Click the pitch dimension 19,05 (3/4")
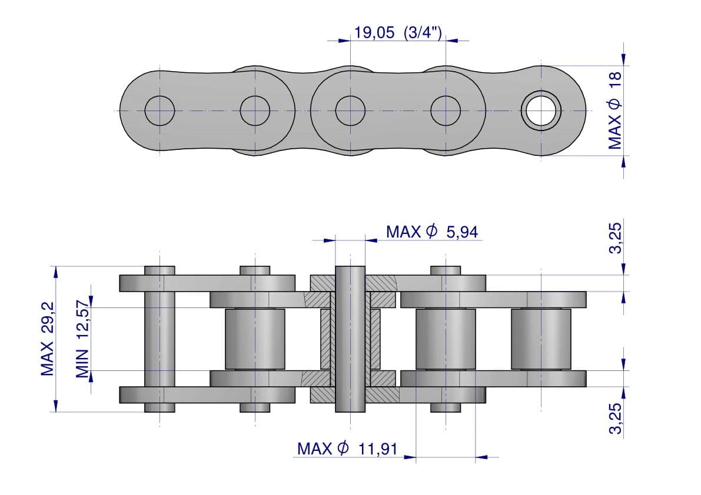click(x=398, y=32)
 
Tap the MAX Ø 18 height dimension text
click(x=614, y=111)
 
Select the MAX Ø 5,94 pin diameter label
click(x=432, y=232)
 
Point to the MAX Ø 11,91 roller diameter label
click(x=347, y=448)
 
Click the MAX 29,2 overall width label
click(x=47, y=339)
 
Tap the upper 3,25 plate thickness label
click(x=615, y=238)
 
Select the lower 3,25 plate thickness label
click(x=615, y=418)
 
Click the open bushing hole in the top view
click(x=541, y=111)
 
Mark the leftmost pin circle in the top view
click(x=160, y=111)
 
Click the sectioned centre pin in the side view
click(x=350, y=339)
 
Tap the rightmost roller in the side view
click(x=541, y=339)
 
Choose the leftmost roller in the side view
click(x=255, y=339)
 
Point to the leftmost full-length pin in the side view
click(x=160, y=339)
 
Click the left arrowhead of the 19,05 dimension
click(x=344, y=41)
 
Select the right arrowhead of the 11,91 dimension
click(x=481, y=457)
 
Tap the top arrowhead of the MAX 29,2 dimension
click(x=55, y=272)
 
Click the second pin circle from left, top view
click(x=255, y=111)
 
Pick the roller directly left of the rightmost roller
click(x=446, y=339)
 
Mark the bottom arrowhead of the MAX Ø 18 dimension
click(x=624, y=162)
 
